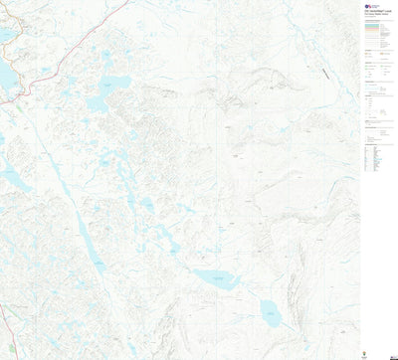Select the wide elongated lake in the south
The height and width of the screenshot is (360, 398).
pyautogui.click(x=217, y=280)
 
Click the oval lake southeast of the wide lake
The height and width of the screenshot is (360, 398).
pyautogui.click(x=270, y=314)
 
